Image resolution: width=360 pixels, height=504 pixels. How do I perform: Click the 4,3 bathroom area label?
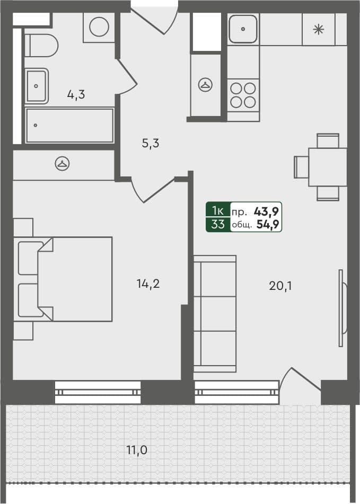pos(76,95)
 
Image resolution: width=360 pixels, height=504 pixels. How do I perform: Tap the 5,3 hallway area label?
pos(151,143)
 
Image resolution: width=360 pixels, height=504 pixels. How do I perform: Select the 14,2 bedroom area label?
pos(148,284)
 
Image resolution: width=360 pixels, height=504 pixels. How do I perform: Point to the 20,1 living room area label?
pos(280,286)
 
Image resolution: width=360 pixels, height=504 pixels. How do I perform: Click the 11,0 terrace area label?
pos(136,450)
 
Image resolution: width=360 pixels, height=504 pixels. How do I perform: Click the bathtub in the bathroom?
pos(69,126)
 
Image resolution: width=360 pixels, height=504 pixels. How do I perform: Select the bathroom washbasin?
pos(37,85)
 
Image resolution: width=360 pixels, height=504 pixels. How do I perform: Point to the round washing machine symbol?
pos(99,27)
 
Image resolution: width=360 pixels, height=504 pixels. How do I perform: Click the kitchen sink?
pos(243,29)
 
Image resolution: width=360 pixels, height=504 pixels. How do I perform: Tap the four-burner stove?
pos(243,94)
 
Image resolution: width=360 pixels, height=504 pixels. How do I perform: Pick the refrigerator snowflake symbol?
pos(318,30)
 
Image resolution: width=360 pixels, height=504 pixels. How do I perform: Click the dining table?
pos(327,167)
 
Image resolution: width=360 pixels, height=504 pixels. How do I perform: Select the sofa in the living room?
pos(214,314)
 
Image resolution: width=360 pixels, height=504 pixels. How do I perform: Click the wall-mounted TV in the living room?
pos(341,308)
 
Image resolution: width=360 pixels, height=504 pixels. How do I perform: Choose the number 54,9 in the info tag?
pos(268,224)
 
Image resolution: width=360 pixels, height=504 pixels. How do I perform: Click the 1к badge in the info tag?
pos(217,210)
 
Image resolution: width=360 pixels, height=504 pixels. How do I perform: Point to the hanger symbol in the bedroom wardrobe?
pos(63,164)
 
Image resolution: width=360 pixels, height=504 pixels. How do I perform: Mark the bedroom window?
pos(98,392)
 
